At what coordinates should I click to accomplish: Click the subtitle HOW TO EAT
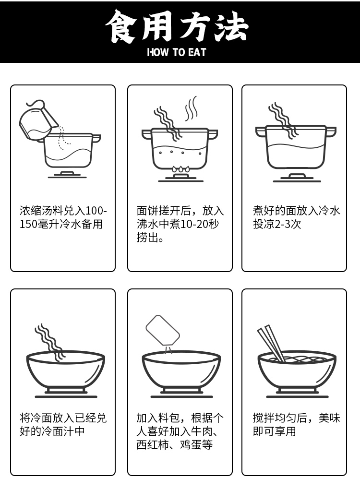[177, 52]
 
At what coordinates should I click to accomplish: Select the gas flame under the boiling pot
[180, 169]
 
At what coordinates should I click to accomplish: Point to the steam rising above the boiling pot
[192, 108]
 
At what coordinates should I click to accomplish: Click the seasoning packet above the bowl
[163, 331]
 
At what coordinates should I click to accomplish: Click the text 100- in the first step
[96, 211]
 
